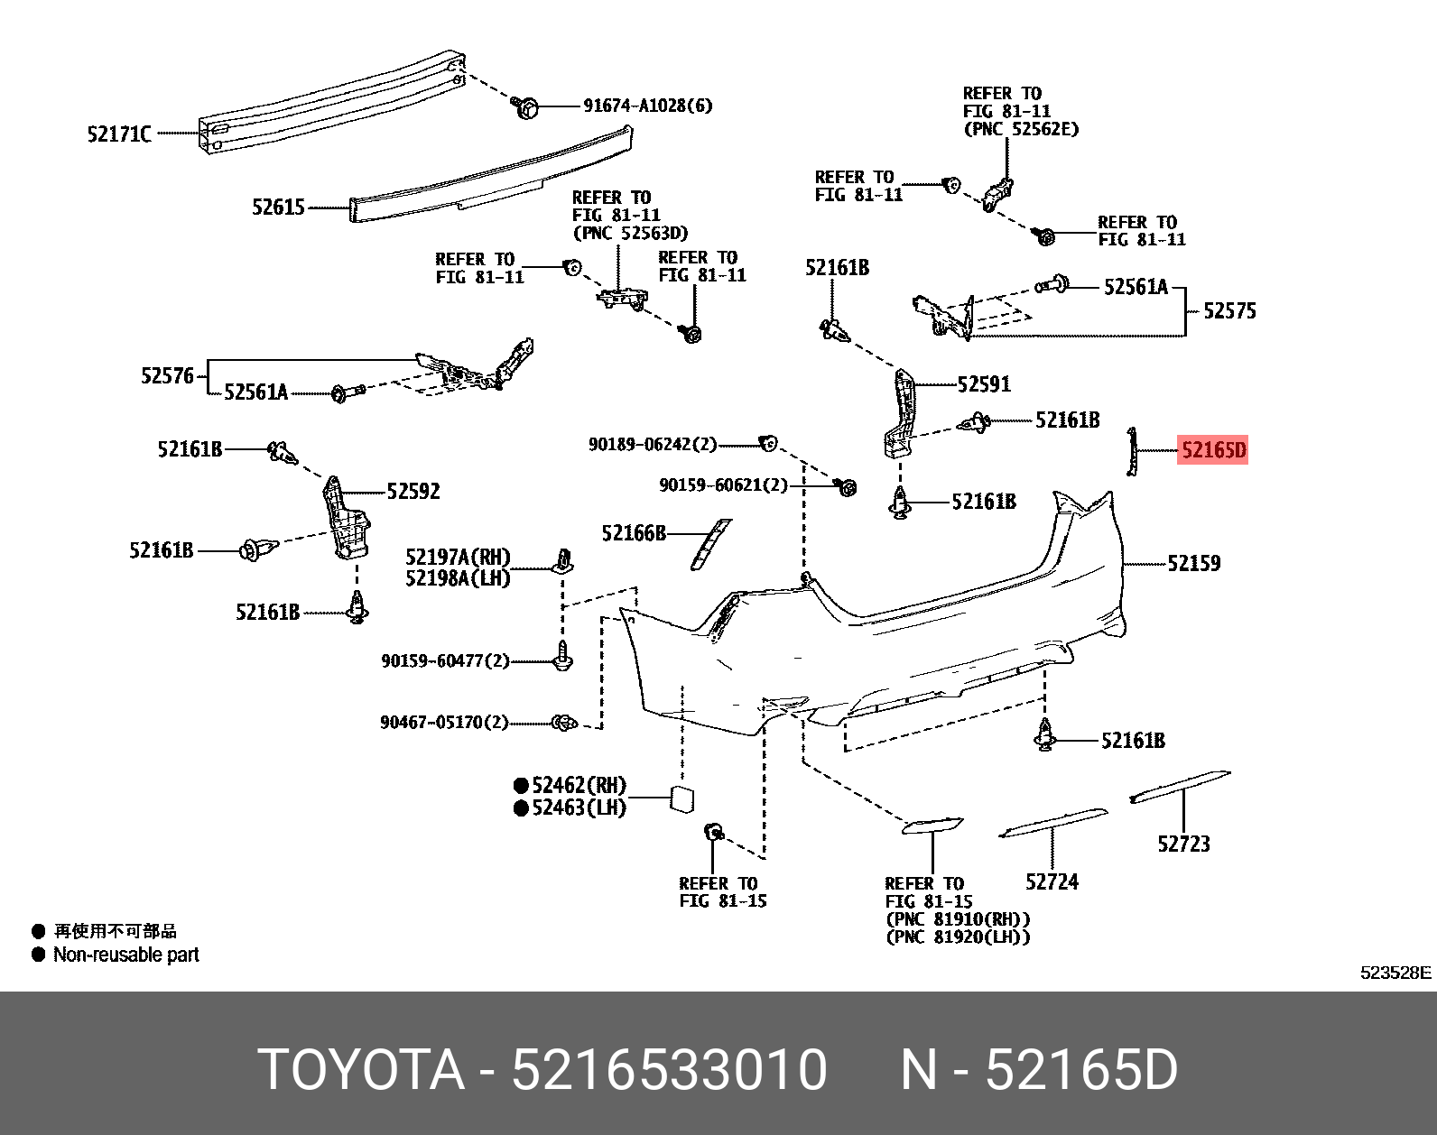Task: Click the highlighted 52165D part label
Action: pyautogui.click(x=1212, y=449)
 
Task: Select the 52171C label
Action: pyautogui.click(x=119, y=134)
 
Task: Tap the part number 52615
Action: pyautogui.click(x=278, y=208)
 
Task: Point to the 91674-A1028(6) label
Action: pyautogui.click(x=647, y=106)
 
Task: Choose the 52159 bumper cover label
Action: pyautogui.click(x=1193, y=563)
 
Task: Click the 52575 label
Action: pyautogui.click(x=1229, y=311)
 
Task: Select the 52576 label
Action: pyautogui.click(x=167, y=375)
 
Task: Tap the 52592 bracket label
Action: pyautogui.click(x=413, y=491)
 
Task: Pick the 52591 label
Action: pyautogui.click(x=984, y=384)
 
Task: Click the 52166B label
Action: pyautogui.click(x=634, y=533)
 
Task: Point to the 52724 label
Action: pyautogui.click(x=1052, y=881)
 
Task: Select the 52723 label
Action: pyautogui.click(x=1183, y=844)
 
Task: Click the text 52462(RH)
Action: pyautogui.click(x=579, y=785)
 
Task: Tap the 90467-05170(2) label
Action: pyautogui.click(x=444, y=723)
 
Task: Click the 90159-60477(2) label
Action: pyautogui.click(x=445, y=661)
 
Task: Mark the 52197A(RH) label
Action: pyautogui.click(x=458, y=558)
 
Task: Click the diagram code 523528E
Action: pyautogui.click(x=1395, y=973)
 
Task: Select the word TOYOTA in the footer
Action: pyautogui.click(x=361, y=1070)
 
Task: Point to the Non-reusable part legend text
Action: pyautogui.click(x=125, y=955)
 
